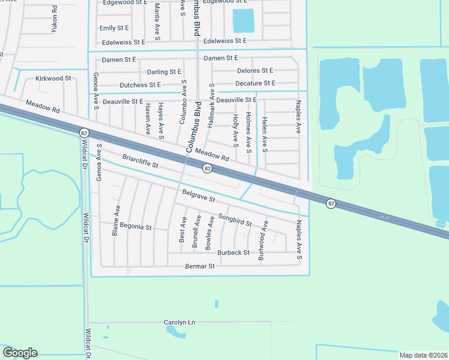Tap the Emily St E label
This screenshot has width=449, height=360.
pos(115,28)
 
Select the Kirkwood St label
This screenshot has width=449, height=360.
pos(53,79)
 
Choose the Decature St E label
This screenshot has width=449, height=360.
pos(255,83)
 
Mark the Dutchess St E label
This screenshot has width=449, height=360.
pos(140,85)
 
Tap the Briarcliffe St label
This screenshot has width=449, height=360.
pos(139,161)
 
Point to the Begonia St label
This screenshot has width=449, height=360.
pos(135,228)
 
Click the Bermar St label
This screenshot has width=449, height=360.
pos(199,266)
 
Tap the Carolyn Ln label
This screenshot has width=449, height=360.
pos(179,322)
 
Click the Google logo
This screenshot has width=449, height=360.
pos(20,353)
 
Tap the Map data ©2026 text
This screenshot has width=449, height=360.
pos(423,355)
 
